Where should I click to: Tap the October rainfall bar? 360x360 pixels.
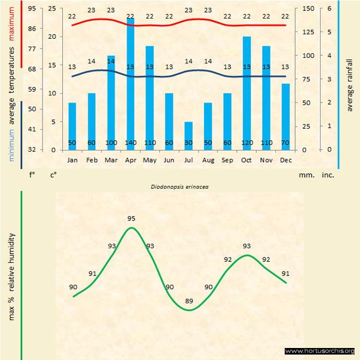coord(247,93)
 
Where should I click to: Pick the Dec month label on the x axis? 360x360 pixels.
coord(285,160)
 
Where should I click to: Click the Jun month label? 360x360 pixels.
coord(169,160)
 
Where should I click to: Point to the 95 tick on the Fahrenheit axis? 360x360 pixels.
coord(32,9)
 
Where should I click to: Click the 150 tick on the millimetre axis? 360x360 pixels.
coord(308,9)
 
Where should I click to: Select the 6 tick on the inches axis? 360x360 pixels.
coord(328,9)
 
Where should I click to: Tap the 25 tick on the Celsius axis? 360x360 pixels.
coord(52,9)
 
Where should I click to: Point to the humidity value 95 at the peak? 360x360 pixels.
coord(131,219)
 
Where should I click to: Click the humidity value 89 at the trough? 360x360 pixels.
coord(189,301)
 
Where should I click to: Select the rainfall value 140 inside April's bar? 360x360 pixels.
coord(130,143)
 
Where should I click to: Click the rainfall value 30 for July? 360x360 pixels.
coord(188,143)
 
